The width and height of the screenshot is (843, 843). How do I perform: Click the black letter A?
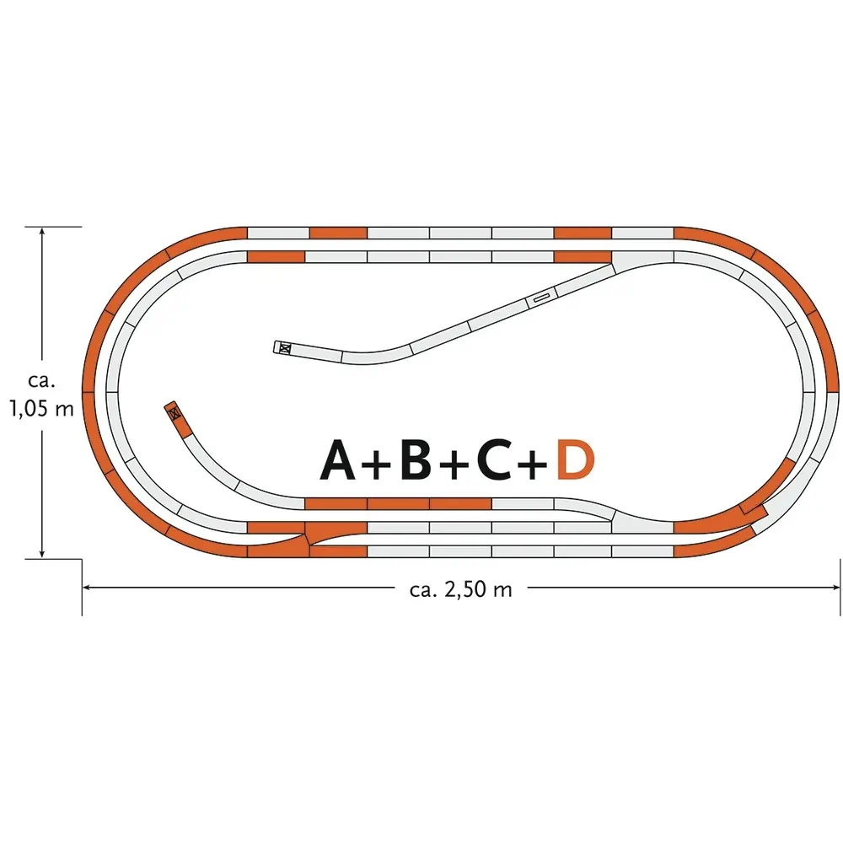click(338, 459)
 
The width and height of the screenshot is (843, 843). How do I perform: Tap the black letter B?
click(416, 459)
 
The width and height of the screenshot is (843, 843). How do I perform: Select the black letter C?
click(494, 459)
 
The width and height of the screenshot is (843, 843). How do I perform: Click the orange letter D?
click(575, 459)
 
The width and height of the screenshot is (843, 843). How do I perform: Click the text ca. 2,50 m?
click(461, 590)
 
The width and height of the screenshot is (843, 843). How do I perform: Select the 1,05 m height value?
click(41, 409)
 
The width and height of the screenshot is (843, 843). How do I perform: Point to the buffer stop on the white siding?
click(284, 348)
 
